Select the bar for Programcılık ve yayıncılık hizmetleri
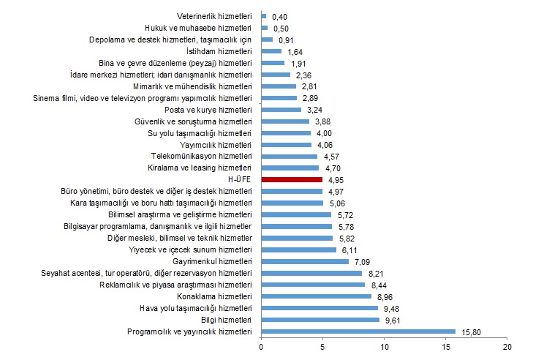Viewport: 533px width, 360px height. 358,332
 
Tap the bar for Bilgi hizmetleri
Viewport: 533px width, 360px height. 320,320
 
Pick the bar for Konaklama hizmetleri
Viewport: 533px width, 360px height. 317,297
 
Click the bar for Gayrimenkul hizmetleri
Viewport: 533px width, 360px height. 305,261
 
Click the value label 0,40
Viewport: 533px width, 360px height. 279,15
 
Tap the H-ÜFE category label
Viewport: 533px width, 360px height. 240,179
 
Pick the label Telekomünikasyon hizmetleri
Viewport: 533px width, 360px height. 201,156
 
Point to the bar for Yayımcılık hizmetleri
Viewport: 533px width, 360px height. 286,144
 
